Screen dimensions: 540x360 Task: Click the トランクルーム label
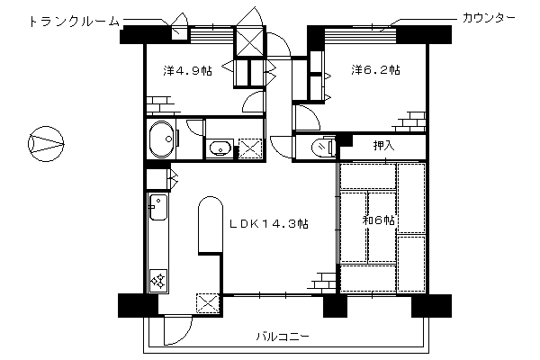75,22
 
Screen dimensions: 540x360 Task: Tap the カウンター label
489,18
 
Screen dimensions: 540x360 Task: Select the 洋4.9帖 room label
188,70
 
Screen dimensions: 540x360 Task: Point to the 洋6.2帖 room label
375,70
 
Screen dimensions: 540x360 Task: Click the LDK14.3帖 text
269,224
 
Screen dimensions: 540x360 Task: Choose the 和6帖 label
379,220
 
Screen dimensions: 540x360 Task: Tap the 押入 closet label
383,146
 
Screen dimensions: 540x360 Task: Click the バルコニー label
283,336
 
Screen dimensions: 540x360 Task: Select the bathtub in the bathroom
161,139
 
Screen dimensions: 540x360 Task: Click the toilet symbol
323,147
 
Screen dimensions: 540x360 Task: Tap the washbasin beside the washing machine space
220,148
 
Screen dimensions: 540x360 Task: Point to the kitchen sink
158,206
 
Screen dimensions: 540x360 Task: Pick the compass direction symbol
46,144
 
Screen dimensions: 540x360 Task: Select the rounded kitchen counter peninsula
210,225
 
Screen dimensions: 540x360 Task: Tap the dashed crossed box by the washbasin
250,148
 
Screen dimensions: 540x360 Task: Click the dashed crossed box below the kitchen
208,302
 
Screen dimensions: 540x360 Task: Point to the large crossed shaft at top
250,41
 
